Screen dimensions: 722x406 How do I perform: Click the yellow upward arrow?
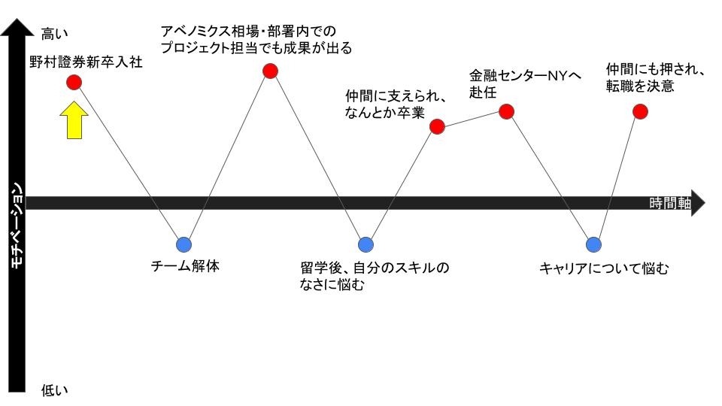coord(74,120)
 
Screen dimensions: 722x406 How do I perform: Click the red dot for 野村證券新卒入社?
coord(74,83)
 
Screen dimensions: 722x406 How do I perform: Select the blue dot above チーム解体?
coord(184,244)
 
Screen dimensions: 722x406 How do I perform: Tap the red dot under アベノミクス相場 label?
coord(270,71)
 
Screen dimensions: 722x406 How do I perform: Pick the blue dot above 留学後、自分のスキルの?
coord(366,244)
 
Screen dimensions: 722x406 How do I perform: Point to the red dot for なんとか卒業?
coord(437,126)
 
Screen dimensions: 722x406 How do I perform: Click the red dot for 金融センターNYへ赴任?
coord(506,111)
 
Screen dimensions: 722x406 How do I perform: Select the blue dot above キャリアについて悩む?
coord(593,244)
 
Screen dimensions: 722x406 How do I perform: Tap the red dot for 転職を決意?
coord(640,111)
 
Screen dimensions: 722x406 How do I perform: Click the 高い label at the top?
coord(54,34)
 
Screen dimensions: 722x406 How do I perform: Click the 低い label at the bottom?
coord(54,390)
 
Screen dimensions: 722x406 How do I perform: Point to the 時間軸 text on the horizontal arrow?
coord(670,203)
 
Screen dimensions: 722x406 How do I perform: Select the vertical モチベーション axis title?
coord(16,226)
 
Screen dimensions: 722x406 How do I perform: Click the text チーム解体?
coord(185,266)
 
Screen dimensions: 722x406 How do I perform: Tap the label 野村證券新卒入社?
coord(86,62)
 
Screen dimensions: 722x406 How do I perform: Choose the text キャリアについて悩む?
coord(604,268)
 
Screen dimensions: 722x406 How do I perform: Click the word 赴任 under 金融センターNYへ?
coord(483,92)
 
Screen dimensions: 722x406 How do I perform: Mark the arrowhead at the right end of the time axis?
coord(698,203)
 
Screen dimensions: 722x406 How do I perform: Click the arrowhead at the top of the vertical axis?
coord(17,27)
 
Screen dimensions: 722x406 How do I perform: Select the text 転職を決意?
coord(640,86)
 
